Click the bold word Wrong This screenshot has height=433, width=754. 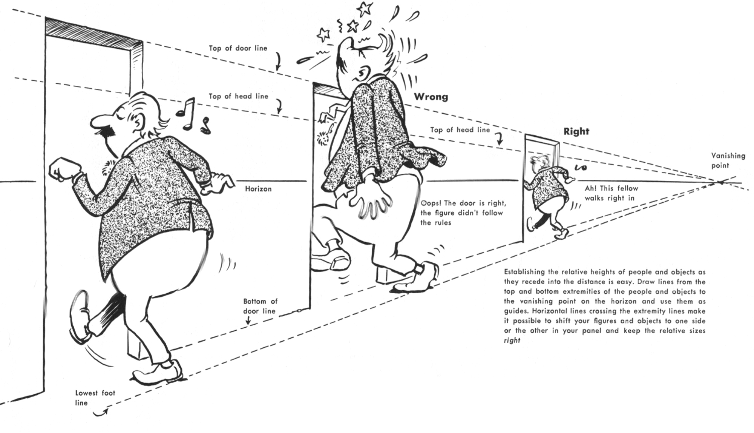[x=431, y=97]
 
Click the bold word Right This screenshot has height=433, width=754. [x=576, y=131]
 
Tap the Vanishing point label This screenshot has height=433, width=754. [x=728, y=160]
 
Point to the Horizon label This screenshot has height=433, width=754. [x=258, y=189]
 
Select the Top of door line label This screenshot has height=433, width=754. [x=238, y=48]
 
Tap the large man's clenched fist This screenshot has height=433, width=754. [x=64, y=169]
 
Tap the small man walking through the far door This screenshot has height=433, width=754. [x=547, y=193]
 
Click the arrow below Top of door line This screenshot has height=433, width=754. [x=278, y=62]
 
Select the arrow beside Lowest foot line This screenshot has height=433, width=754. [x=101, y=413]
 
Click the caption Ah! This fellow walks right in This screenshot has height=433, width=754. [x=611, y=193]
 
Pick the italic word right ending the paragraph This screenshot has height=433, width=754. [x=512, y=341]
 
